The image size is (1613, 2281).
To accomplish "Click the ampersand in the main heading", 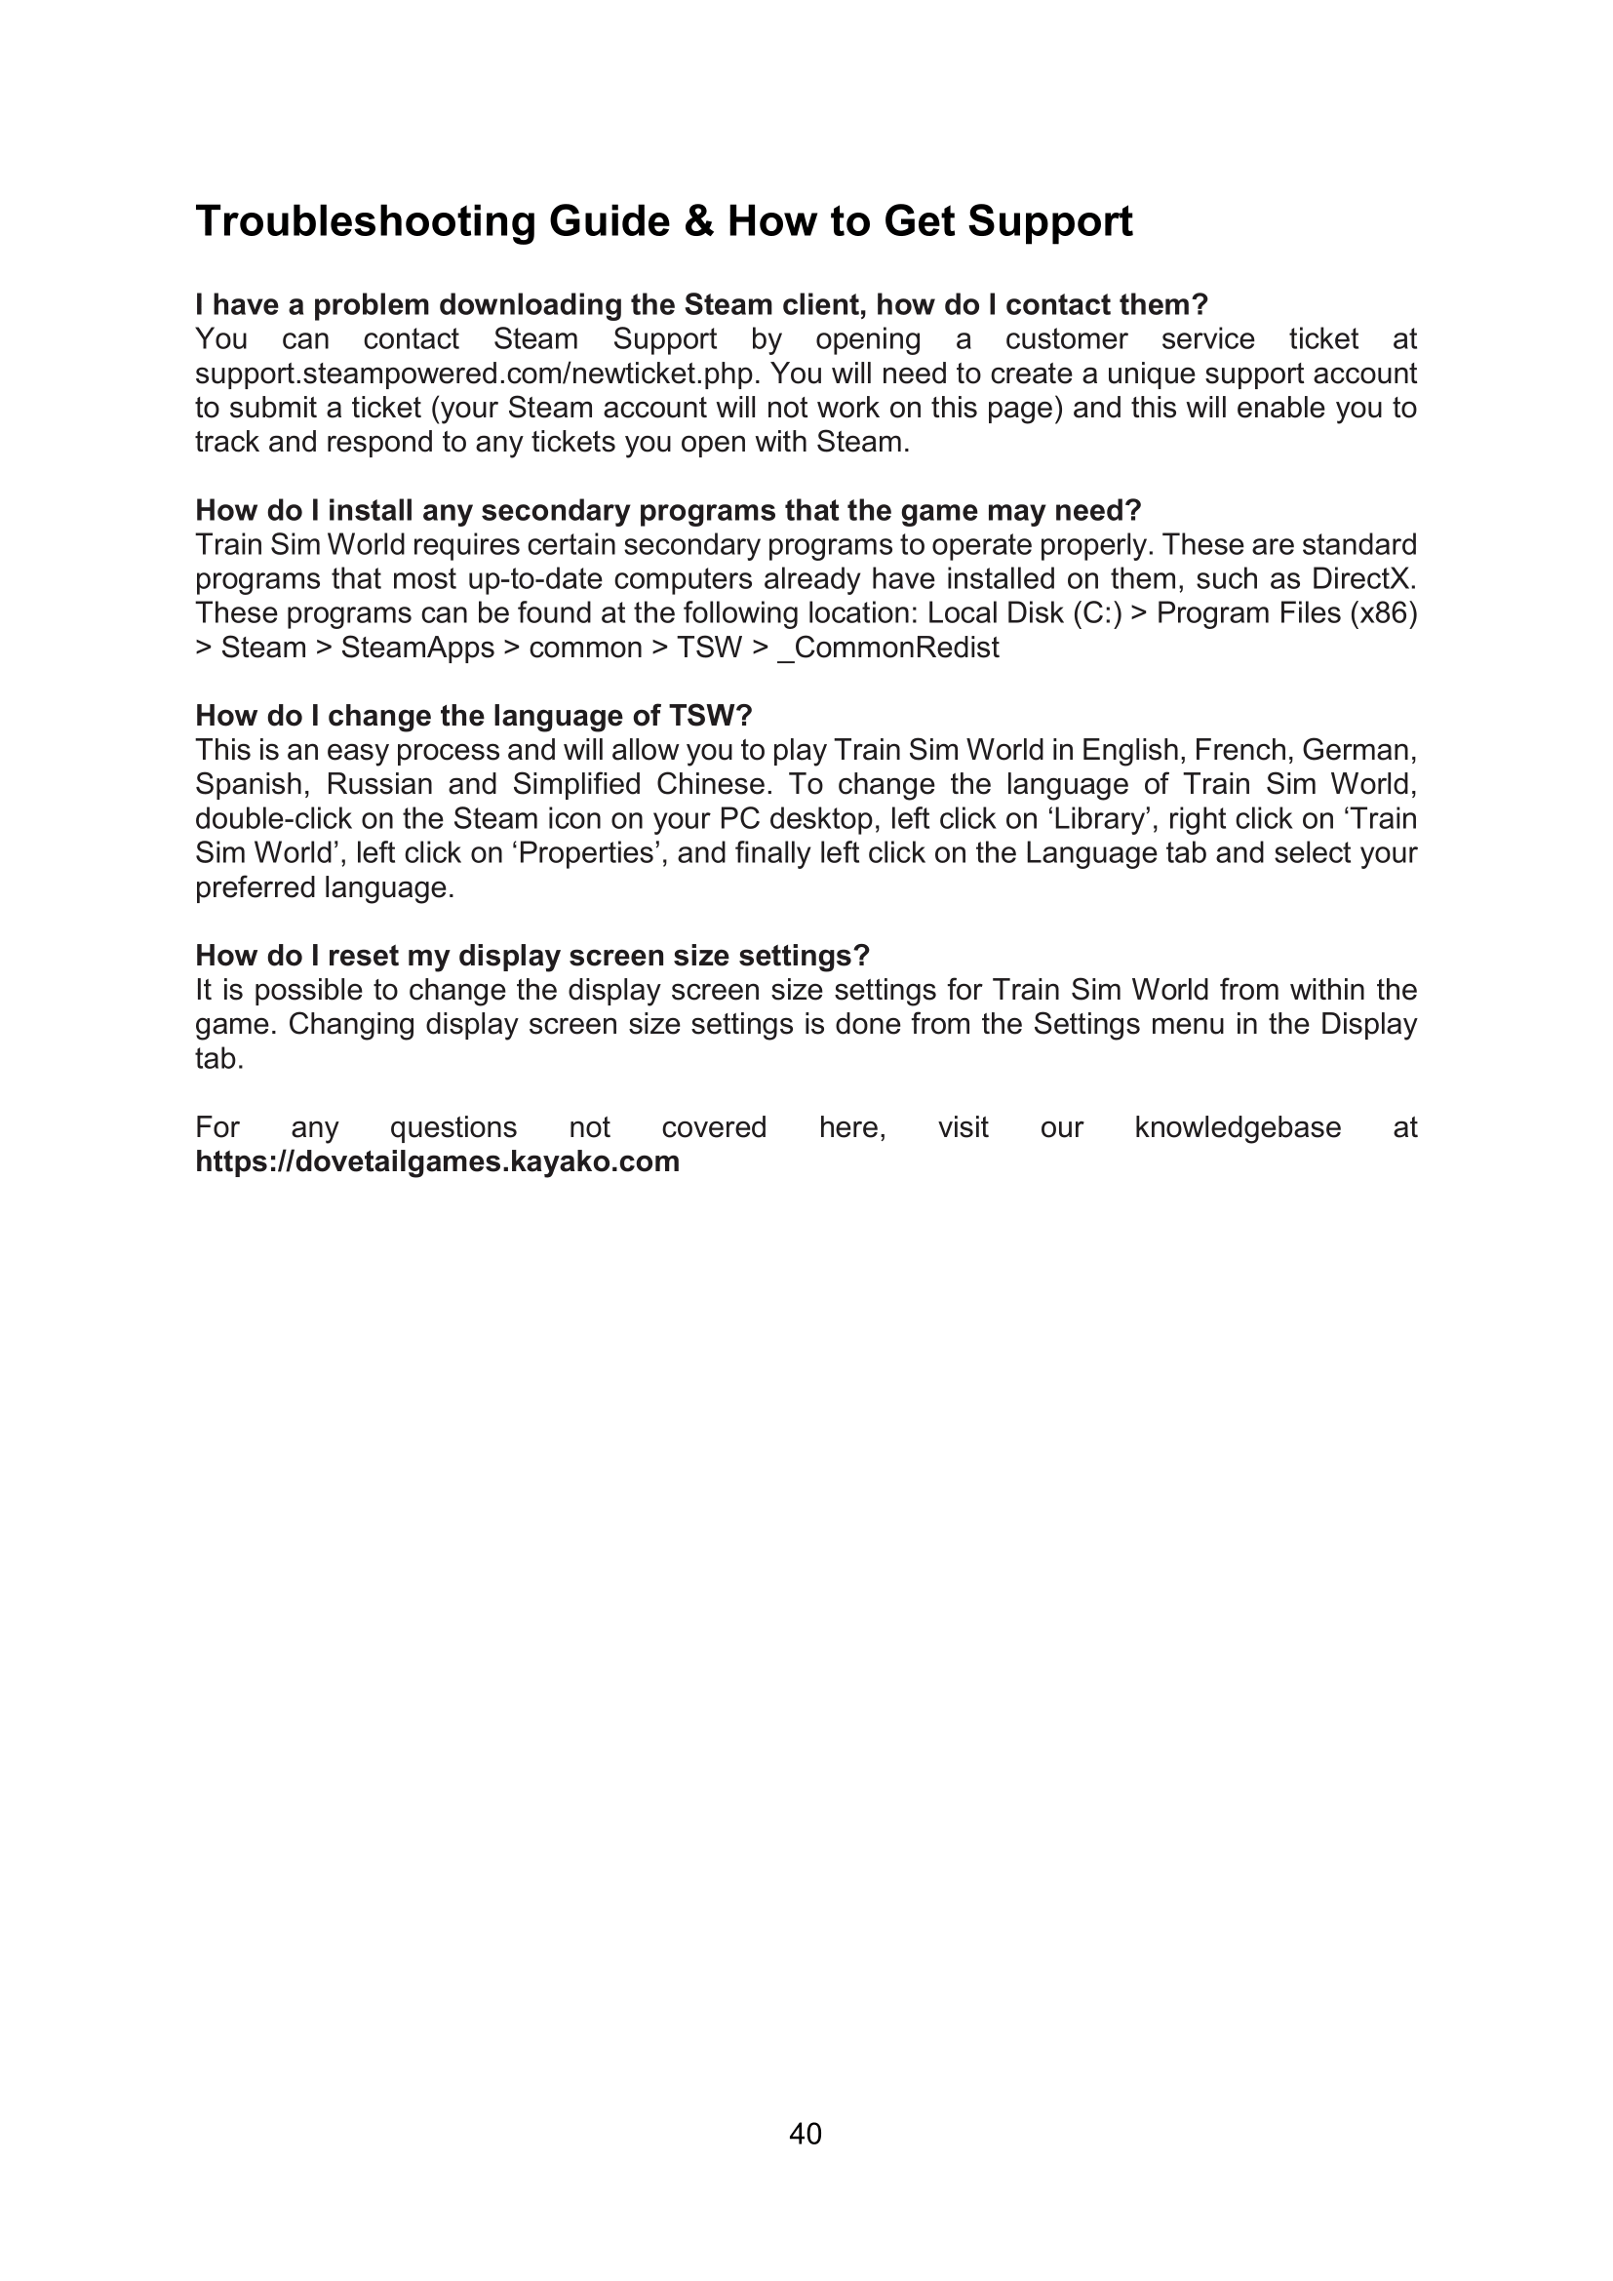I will (x=698, y=221).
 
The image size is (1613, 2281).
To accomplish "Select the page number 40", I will (x=806, y=2133).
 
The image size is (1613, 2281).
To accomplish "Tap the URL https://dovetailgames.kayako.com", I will (x=437, y=1161).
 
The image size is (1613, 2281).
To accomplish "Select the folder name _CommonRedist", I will (x=888, y=648).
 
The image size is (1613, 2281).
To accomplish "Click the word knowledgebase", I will (x=1238, y=1127).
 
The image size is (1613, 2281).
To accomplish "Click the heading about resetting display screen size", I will (x=532, y=956).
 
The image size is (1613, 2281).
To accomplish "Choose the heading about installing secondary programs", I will (x=667, y=511).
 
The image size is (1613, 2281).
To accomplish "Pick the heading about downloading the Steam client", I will (x=701, y=305).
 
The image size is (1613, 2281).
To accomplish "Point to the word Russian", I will (x=379, y=785).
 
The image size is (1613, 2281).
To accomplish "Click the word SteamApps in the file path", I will (x=417, y=648).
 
